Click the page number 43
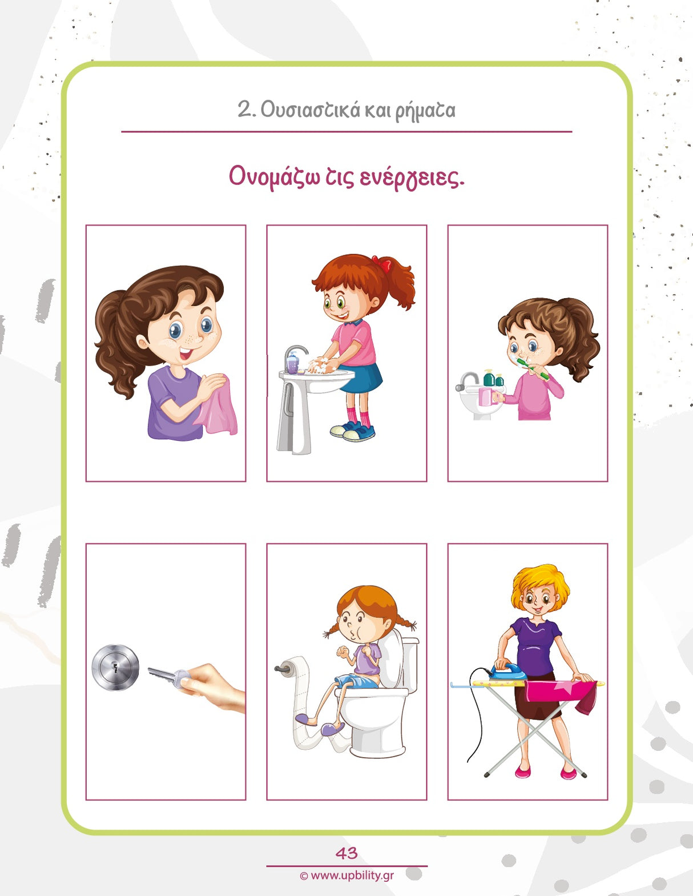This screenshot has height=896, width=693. pos(346,853)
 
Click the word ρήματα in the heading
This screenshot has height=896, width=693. pos(425,110)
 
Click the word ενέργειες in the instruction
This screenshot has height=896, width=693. pos(412,178)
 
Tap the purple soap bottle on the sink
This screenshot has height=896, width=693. pos(292,363)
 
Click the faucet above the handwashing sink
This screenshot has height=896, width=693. pos(295,351)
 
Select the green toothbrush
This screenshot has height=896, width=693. pos(534,369)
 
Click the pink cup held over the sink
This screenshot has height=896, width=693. pos(486,396)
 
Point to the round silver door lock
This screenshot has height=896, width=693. pos(115,667)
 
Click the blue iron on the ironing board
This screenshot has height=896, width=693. pos(509,672)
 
